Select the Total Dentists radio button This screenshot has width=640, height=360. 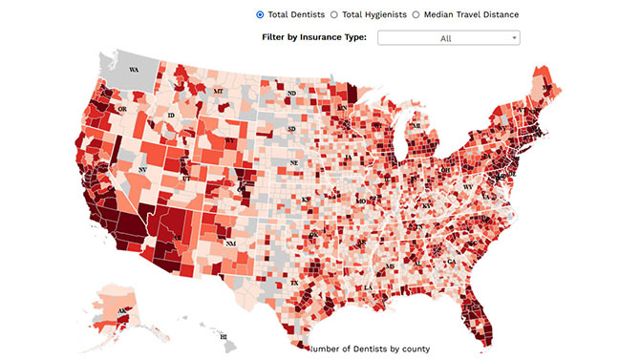(260, 14)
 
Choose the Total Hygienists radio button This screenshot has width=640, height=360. (333, 14)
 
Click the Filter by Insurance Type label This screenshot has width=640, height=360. (313, 37)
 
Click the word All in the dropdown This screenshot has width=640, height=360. (445, 38)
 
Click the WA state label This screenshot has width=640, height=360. (134, 71)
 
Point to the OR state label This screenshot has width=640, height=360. (121, 110)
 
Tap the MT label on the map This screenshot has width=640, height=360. (218, 92)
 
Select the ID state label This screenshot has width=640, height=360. (171, 116)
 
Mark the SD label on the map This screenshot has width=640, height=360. (292, 129)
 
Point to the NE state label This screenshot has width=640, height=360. (295, 163)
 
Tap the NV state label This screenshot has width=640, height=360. (142, 169)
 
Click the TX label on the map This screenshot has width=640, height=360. (294, 284)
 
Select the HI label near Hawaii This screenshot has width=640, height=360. (223, 337)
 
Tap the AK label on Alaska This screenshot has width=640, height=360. (122, 311)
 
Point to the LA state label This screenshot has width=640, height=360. (368, 287)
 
